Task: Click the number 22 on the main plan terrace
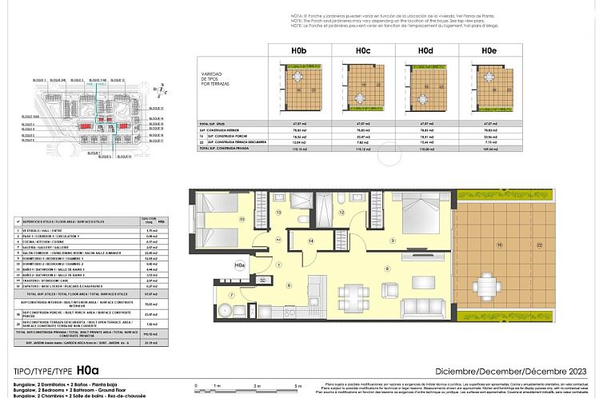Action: click(540, 245)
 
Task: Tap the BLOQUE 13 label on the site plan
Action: click(118, 81)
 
